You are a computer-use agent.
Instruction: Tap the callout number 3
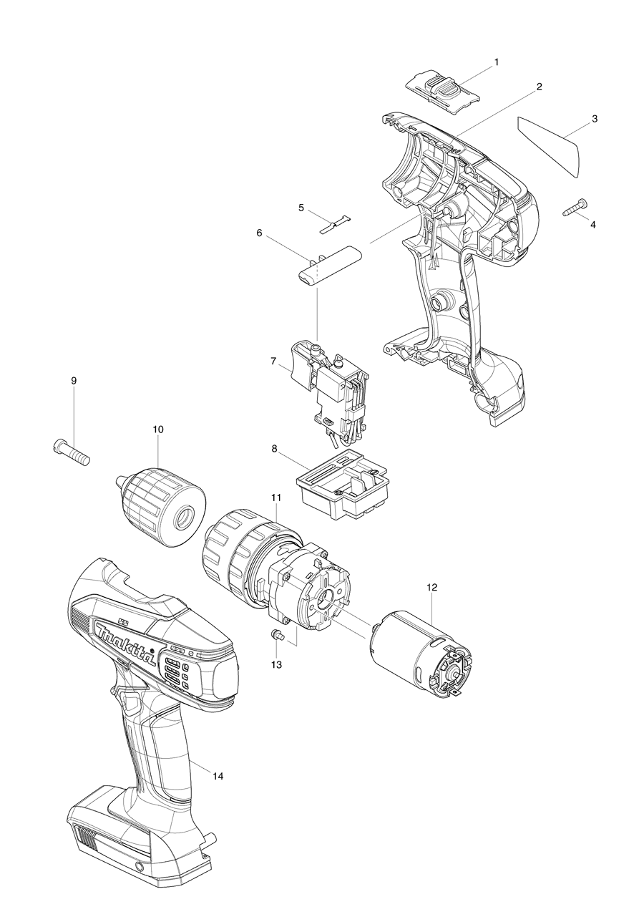click(x=595, y=118)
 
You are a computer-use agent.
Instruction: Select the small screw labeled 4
click(x=574, y=208)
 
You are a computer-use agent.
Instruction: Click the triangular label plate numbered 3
click(x=552, y=144)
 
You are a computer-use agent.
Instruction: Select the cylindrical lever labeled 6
click(x=331, y=265)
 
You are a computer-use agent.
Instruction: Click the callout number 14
click(x=218, y=776)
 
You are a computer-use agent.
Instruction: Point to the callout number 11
click(x=275, y=497)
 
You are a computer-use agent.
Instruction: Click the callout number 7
click(x=273, y=361)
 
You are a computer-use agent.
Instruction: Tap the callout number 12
click(x=431, y=586)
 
